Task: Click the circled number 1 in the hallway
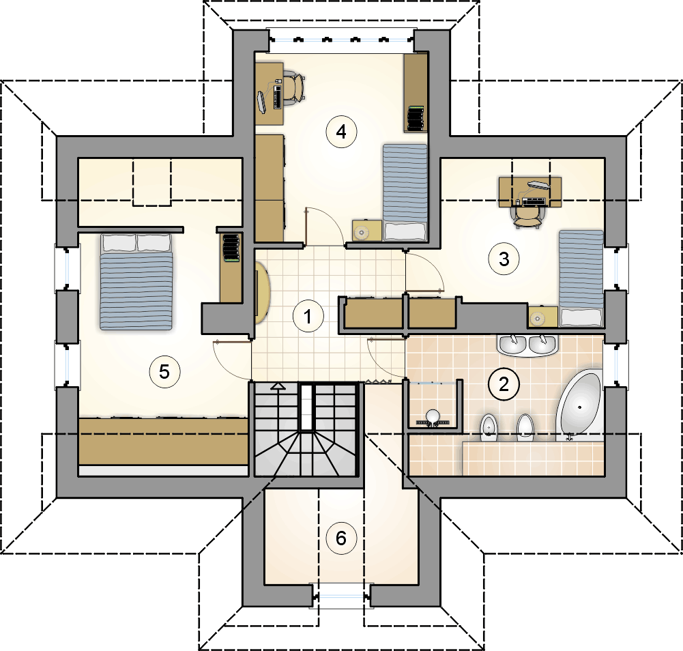[x=308, y=317]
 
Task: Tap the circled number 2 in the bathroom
[x=504, y=384]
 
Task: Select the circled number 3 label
[x=504, y=259]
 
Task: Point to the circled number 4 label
[x=341, y=132]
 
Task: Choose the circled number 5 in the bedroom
[x=164, y=372]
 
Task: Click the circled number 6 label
[x=341, y=538]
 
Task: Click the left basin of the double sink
[x=512, y=345]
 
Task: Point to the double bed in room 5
[x=136, y=282]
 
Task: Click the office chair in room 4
[x=293, y=88]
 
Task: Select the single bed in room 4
[x=405, y=192]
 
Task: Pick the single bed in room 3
[x=581, y=278]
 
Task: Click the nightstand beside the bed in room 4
[x=367, y=231]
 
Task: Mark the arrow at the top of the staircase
[x=278, y=386]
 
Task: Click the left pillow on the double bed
[x=119, y=242]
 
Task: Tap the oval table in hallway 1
[x=263, y=292]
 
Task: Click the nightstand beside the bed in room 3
[x=543, y=317]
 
